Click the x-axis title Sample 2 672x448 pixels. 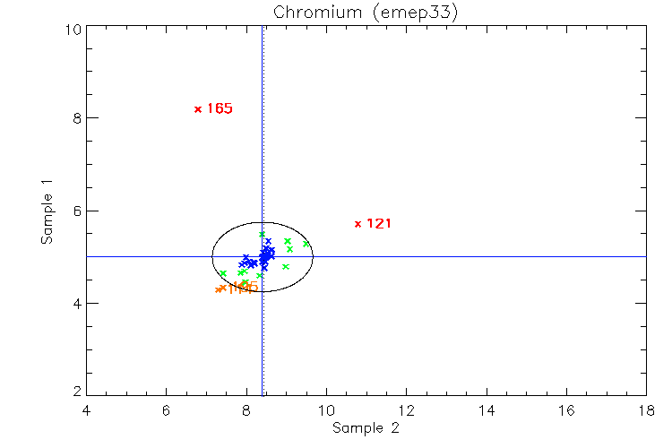pos(366,428)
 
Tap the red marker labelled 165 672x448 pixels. pos(198,109)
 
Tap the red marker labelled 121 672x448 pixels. pos(358,224)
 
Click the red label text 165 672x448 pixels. pos(220,109)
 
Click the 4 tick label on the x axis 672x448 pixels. pos(86,411)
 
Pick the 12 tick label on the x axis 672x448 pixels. pos(406,411)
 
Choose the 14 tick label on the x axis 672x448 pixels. pos(486,411)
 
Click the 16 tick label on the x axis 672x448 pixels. pos(565,411)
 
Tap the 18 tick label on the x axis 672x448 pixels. pos(645,411)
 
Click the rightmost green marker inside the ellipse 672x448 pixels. pos(306,244)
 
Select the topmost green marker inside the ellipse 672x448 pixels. pos(262,235)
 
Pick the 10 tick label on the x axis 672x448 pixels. pos(326,411)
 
